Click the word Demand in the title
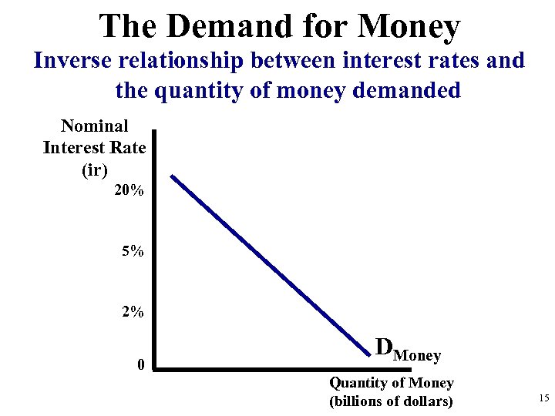click(219, 26)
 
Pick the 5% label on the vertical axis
click(132, 251)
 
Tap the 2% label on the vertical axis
click(132, 312)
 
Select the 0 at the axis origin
click(140, 364)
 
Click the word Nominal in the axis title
click(94, 126)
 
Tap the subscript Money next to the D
click(417, 356)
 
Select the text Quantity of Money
click(392, 383)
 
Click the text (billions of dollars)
click(392, 401)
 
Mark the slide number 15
click(543, 398)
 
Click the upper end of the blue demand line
click(173, 177)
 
